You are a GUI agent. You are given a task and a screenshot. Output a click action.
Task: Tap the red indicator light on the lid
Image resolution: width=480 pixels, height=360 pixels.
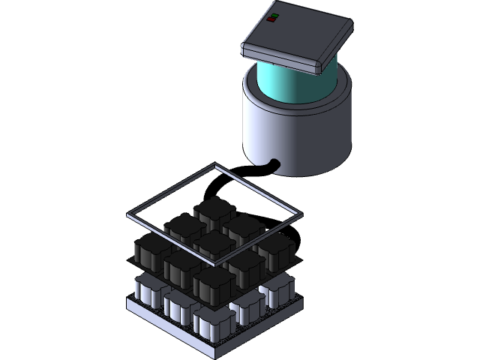tap(271, 19)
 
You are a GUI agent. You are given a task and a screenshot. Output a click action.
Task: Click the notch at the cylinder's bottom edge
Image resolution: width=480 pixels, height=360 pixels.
tap(272, 163)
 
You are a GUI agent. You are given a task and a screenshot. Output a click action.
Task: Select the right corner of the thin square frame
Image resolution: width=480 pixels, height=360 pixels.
tap(301, 215)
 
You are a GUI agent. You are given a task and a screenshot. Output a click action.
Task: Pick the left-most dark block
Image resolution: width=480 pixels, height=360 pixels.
tap(152, 251)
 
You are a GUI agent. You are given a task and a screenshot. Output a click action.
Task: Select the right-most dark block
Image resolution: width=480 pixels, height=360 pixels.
tap(274, 248)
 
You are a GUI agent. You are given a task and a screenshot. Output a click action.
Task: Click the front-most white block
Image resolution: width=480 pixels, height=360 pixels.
tap(212, 321)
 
